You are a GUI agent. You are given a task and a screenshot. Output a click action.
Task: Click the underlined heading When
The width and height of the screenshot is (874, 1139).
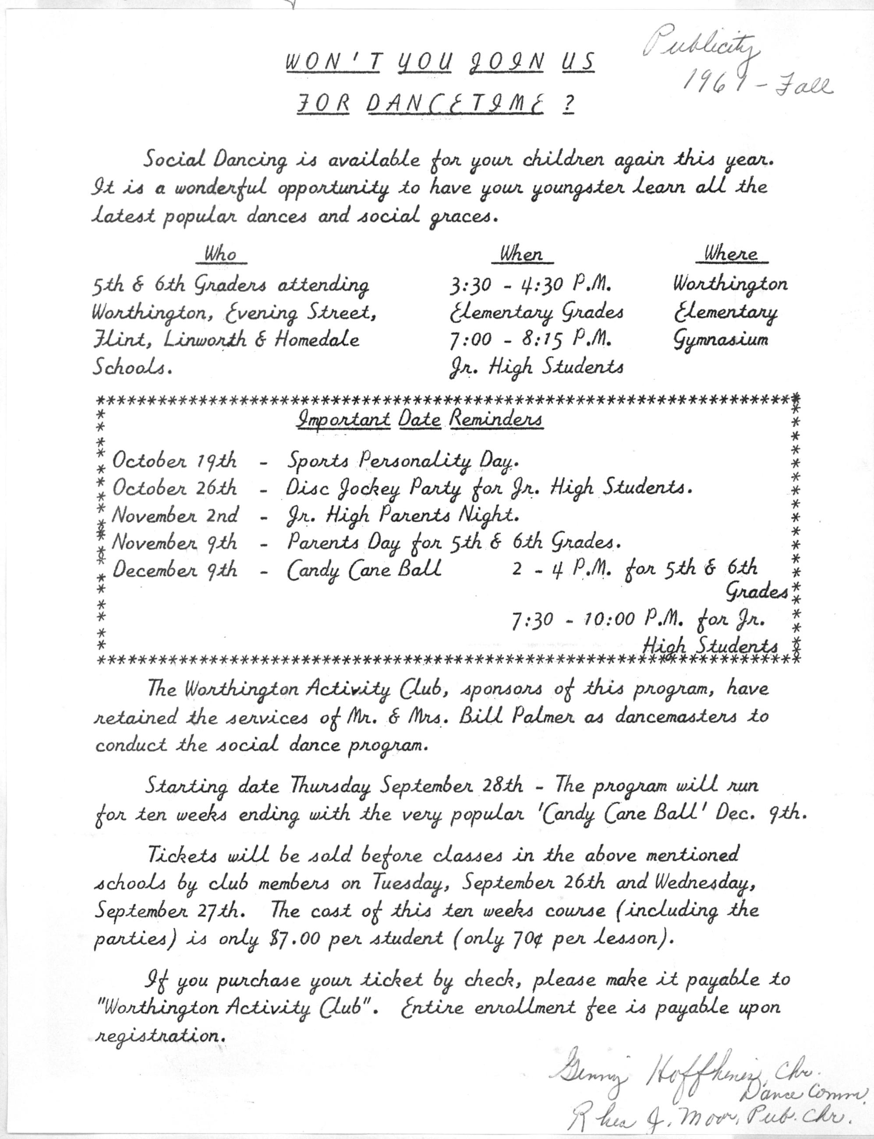(x=521, y=255)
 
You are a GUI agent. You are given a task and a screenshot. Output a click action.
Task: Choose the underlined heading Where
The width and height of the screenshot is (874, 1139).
(x=731, y=255)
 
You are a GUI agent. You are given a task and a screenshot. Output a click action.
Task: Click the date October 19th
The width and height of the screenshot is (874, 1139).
(x=175, y=461)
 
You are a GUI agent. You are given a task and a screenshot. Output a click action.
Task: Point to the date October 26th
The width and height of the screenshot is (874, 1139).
(x=175, y=488)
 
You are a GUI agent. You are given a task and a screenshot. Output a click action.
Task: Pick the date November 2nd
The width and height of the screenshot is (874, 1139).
(x=175, y=516)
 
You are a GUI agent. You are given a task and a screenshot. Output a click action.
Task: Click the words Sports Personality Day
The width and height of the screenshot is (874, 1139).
(x=403, y=461)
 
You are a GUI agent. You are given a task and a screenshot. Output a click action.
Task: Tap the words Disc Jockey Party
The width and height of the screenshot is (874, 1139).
(x=374, y=488)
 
